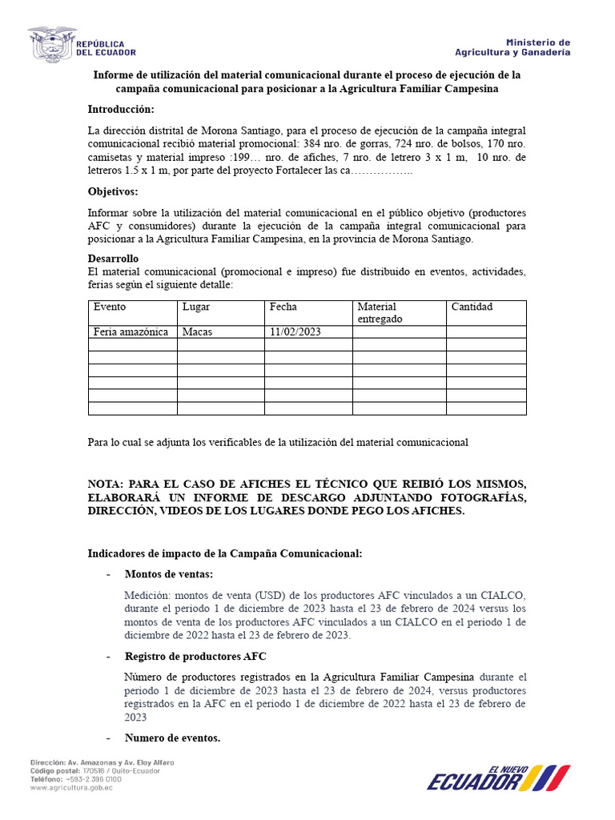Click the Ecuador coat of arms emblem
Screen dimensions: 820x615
[50, 46]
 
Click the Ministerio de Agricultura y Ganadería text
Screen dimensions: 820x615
[512, 47]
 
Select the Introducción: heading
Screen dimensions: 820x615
[121, 109]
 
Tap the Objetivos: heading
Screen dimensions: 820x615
[112, 191]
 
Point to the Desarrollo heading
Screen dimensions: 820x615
[113, 259]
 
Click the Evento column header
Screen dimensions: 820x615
[110, 307]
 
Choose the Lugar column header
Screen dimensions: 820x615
[196, 307]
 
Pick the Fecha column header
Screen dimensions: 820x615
[283, 307]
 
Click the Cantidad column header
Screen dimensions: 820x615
[472, 307]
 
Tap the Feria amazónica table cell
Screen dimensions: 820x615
[131, 332]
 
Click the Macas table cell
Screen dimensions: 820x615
[197, 332]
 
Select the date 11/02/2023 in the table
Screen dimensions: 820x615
[295, 332]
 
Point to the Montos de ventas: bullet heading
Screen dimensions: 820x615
[169, 574]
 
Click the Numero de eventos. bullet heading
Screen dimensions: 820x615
[172, 738]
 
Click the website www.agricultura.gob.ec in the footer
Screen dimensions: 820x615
[72, 787]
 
